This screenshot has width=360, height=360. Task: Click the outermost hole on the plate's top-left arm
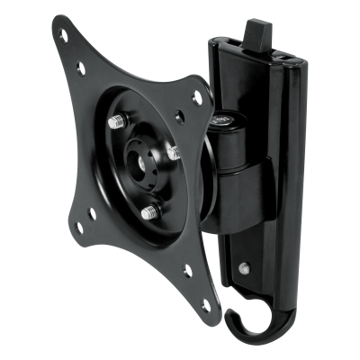tap(62, 36)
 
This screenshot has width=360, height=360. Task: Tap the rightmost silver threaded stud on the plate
tap(173, 155)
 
